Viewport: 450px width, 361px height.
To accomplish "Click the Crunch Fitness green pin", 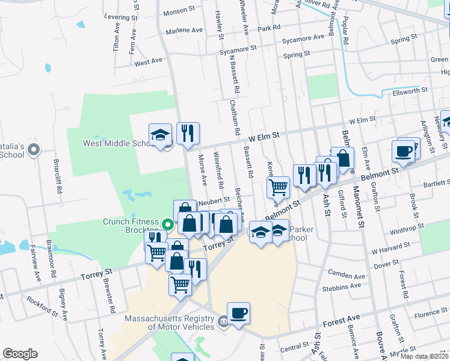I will tap(168, 226).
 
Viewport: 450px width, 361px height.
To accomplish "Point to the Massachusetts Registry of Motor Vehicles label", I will tap(170, 322).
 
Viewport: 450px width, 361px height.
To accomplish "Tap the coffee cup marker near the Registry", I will tap(239, 313).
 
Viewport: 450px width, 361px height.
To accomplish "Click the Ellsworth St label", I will tap(409, 90).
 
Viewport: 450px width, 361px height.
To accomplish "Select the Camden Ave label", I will tap(347, 276).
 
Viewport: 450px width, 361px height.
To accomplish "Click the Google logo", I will tap(20, 354).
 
